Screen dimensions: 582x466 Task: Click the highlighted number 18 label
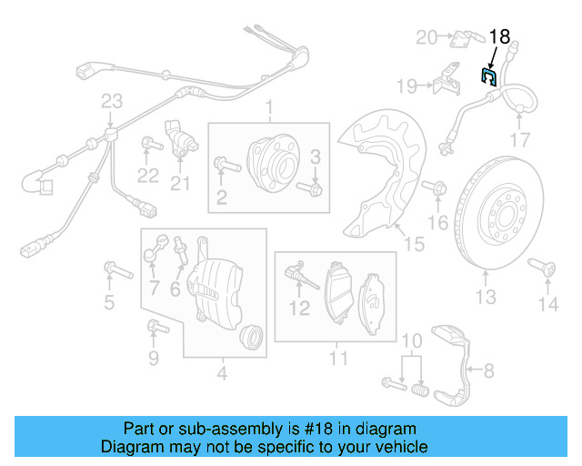(500, 37)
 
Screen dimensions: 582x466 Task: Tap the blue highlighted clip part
(488, 76)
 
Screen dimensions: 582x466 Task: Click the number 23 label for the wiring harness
(111, 101)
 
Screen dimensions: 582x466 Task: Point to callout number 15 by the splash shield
(414, 244)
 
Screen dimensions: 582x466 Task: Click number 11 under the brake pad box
(338, 359)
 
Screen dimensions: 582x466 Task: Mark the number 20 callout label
(426, 37)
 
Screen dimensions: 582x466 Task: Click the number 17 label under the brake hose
(518, 140)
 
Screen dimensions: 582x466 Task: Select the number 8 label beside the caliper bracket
(488, 370)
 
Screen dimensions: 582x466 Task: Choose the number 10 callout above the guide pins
(412, 340)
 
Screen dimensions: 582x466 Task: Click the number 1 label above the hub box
(269, 111)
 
